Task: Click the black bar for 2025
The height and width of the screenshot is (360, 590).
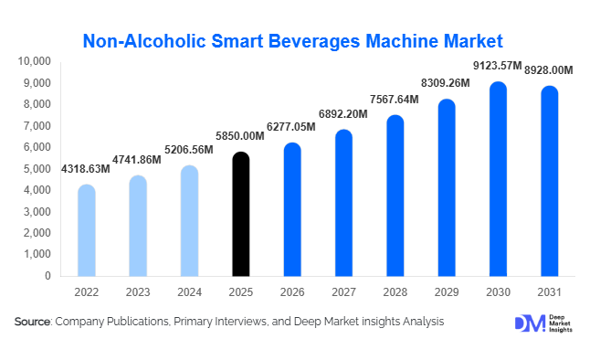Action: pos(240,215)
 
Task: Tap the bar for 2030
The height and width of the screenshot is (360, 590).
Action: pos(498,179)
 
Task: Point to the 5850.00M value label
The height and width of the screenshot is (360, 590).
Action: pos(239,136)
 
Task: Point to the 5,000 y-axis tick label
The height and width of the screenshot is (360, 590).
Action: pos(38,169)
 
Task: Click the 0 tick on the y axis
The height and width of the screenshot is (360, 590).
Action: pos(48,276)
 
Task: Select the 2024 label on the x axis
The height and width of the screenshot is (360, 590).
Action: pos(189,291)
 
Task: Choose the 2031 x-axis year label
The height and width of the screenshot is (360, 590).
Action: pos(549,291)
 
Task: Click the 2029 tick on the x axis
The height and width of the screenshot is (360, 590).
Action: pos(447,291)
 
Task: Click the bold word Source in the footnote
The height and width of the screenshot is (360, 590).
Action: pos(33,323)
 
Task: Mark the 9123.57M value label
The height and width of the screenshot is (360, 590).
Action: pos(497,66)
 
